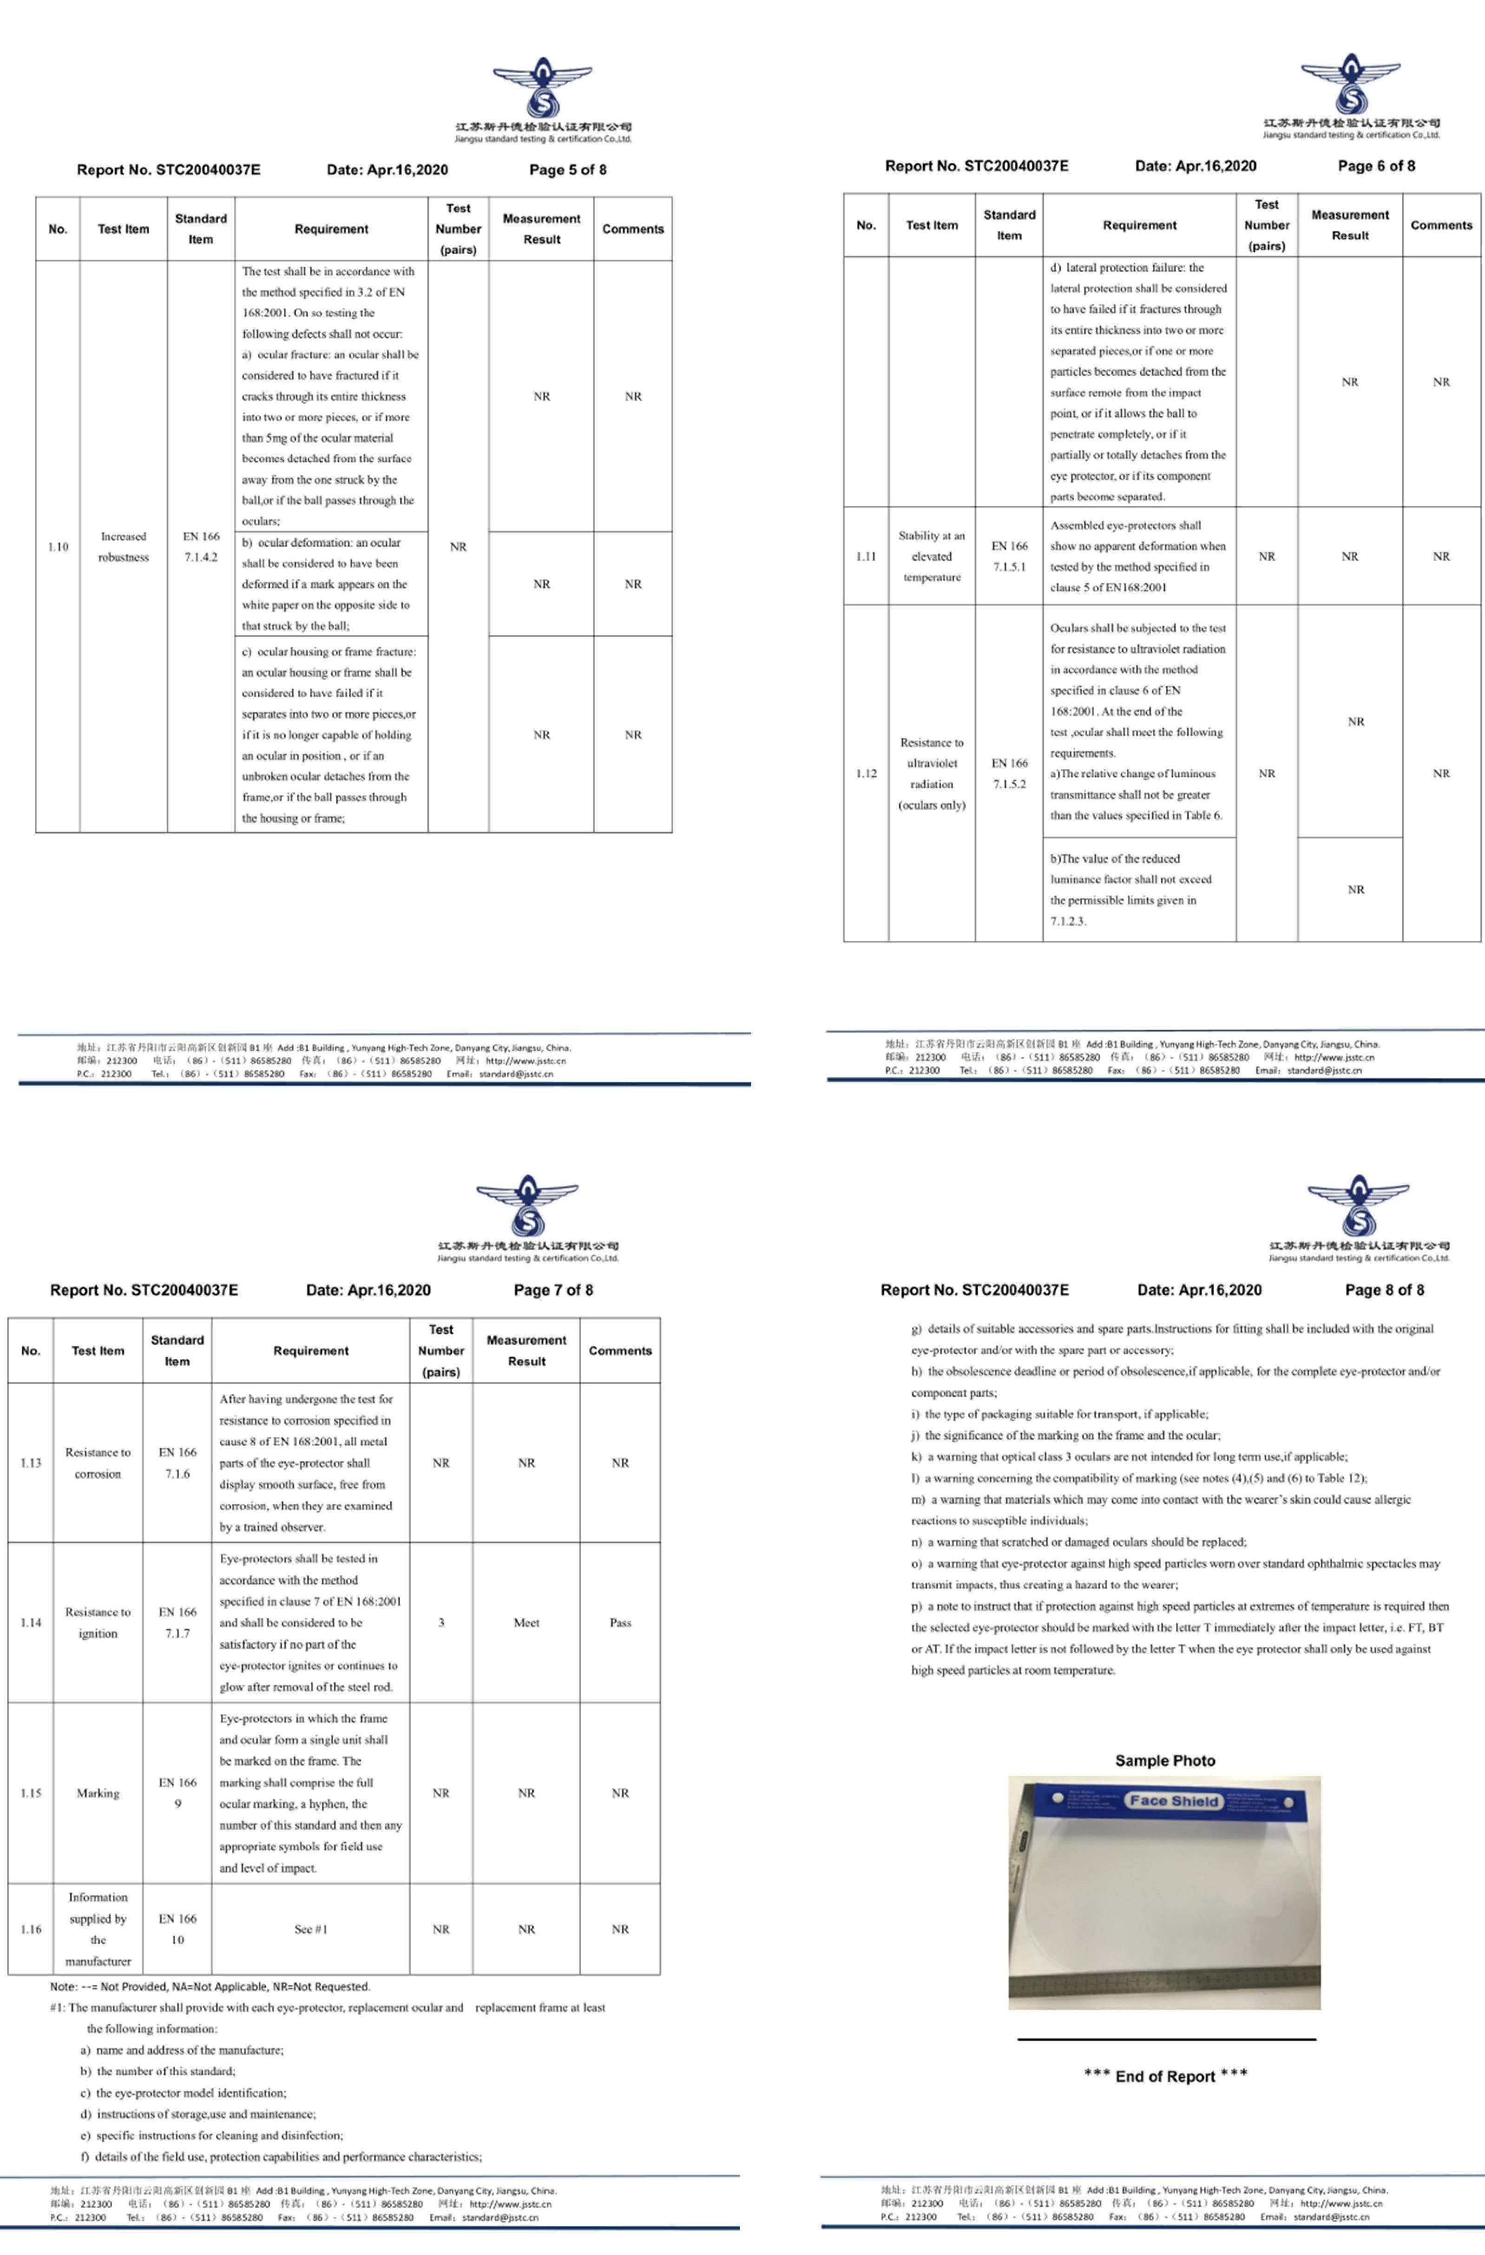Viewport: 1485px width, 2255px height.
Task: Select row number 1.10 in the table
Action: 58,547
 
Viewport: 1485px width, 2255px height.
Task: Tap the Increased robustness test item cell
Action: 123,547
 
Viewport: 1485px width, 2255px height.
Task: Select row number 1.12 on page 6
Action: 866,773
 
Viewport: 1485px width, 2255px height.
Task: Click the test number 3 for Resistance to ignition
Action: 440,1622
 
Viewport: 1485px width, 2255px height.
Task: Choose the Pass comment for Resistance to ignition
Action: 620,1622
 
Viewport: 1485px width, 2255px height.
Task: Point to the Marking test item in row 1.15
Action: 98,1793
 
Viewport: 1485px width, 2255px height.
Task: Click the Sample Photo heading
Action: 1165,1760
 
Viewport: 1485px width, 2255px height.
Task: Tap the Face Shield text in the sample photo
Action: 1173,1800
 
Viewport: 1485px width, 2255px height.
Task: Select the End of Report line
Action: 1165,2076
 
